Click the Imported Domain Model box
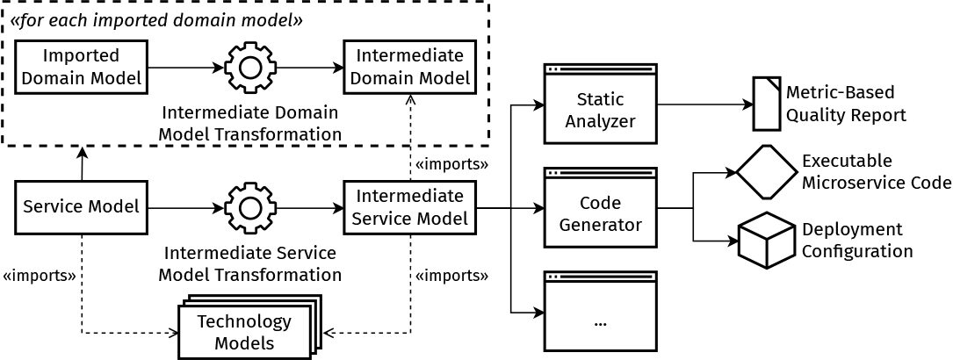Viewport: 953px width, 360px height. click(82, 67)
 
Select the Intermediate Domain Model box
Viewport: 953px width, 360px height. click(410, 67)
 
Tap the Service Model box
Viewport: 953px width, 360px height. click(82, 208)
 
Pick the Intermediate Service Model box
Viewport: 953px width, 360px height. click(410, 208)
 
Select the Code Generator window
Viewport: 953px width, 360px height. click(601, 211)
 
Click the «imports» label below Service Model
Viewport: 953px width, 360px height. click(38, 276)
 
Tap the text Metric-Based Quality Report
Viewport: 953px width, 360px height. click(846, 103)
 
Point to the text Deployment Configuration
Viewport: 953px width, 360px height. click(856, 240)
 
